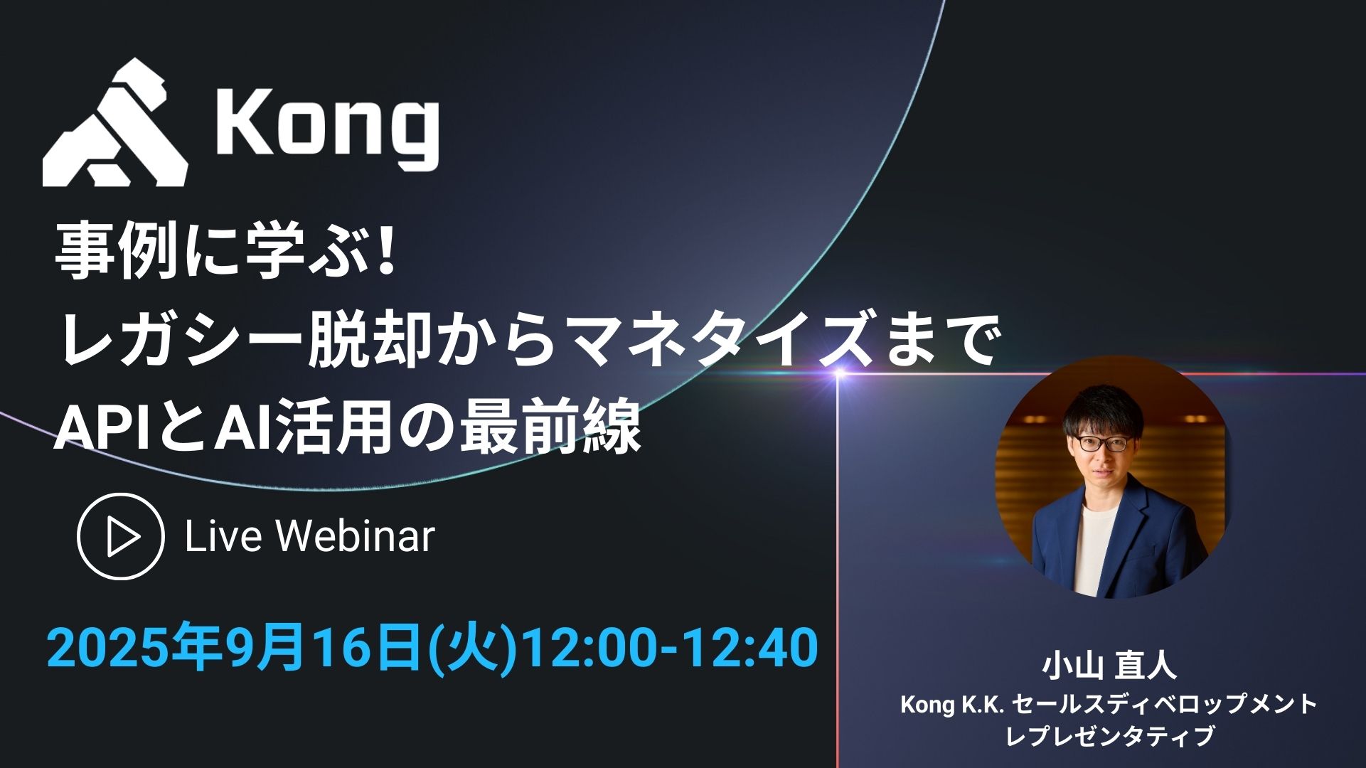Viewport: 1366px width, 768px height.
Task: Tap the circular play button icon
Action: coord(120,537)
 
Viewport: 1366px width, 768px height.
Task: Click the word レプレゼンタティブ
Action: coord(1109,735)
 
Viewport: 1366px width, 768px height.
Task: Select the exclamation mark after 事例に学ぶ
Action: coord(387,252)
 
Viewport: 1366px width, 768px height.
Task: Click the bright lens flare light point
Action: coord(839,373)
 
